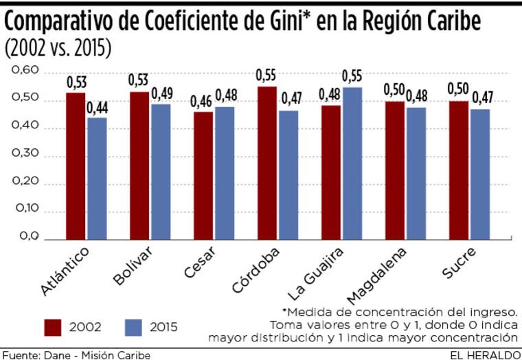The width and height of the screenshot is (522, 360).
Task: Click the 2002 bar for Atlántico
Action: [x=76, y=166]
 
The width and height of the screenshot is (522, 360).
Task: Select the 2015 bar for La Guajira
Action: [x=352, y=164]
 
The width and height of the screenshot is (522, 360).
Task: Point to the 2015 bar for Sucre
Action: [x=480, y=175]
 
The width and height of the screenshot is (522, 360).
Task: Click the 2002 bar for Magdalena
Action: [x=394, y=170]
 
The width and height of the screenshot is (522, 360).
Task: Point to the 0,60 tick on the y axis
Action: [x=23, y=71]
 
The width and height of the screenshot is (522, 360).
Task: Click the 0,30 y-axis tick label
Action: [x=23, y=155]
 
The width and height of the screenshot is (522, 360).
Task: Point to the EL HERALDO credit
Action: [x=484, y=354]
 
